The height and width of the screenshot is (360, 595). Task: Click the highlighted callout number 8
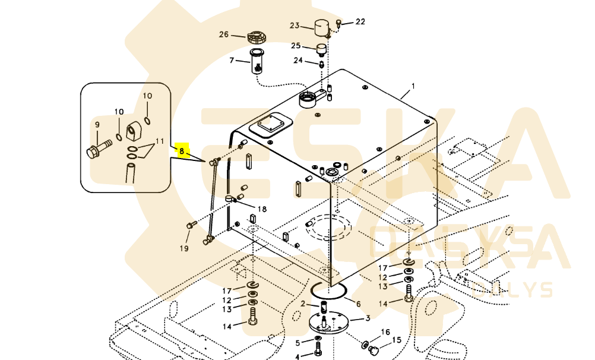point(182,151)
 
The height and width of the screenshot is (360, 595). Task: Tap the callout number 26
point(224,34)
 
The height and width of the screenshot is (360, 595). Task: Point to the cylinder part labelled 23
point(322,27)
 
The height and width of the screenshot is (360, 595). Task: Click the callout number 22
point(360,22)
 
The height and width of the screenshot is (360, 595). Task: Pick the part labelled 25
point(321,48)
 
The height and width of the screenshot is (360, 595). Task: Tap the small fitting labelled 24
point(321,62)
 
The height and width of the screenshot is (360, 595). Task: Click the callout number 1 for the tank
point(413,86)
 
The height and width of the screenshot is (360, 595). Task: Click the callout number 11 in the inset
point(159,141)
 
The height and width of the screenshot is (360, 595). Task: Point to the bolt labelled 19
point(191,225)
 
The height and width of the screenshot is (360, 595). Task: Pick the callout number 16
point(385,332)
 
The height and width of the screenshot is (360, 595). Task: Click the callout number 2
point(302,304)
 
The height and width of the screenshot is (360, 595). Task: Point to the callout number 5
point(297,343)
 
